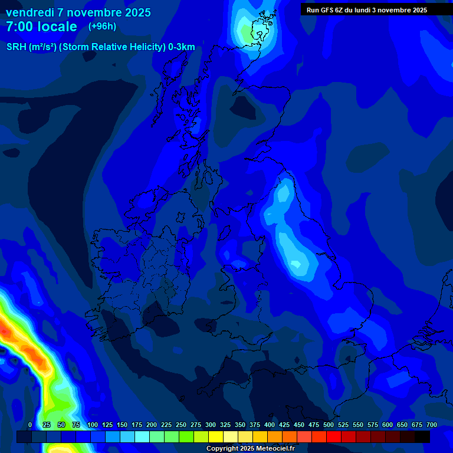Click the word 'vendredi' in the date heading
point(29,12)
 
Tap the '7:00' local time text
point(22,27)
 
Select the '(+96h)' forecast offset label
point(102,27)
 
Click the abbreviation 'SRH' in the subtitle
point(17,47)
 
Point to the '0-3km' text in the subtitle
point(182,47)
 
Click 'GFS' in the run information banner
point(330,9)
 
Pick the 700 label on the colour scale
point(431,425)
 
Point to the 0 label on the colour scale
point(30,425)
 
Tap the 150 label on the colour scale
point(122,425)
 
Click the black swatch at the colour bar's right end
point(422,436)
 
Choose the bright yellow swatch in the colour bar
point(216,436)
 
